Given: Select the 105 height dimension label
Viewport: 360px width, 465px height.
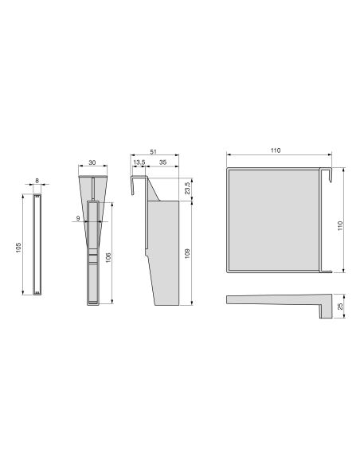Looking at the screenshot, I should [18, 247].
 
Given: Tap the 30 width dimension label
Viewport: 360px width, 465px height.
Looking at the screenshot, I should [92, 163].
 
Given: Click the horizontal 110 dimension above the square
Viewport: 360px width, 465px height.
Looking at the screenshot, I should [275, 150].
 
